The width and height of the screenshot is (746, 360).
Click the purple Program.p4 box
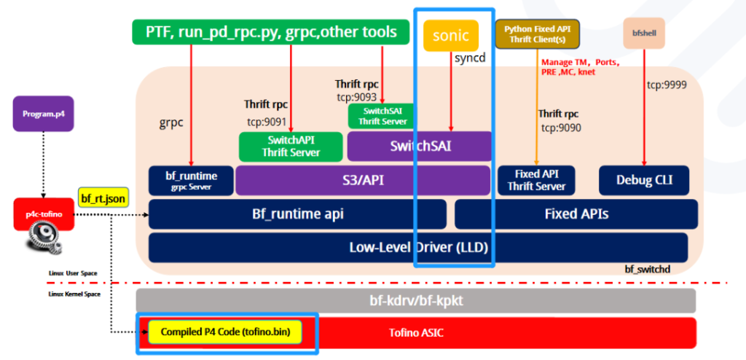(43, 114)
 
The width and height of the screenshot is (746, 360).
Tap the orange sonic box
(451, 36)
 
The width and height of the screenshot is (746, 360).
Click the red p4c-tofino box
(44, 214)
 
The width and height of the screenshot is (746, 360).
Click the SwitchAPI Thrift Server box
(290, 146)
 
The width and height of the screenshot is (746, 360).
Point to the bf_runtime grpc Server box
(189, 180)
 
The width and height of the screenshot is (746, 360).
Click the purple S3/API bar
(362, 180)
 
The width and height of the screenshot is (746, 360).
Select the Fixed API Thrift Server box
(536, 180)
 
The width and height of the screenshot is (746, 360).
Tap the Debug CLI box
(645, 180)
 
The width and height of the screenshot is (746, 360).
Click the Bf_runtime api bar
(297, 214)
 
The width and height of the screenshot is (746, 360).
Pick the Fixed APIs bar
(576, 214)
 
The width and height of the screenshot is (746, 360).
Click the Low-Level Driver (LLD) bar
(417, 247)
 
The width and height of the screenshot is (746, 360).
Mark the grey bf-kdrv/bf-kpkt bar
(416, 300)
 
